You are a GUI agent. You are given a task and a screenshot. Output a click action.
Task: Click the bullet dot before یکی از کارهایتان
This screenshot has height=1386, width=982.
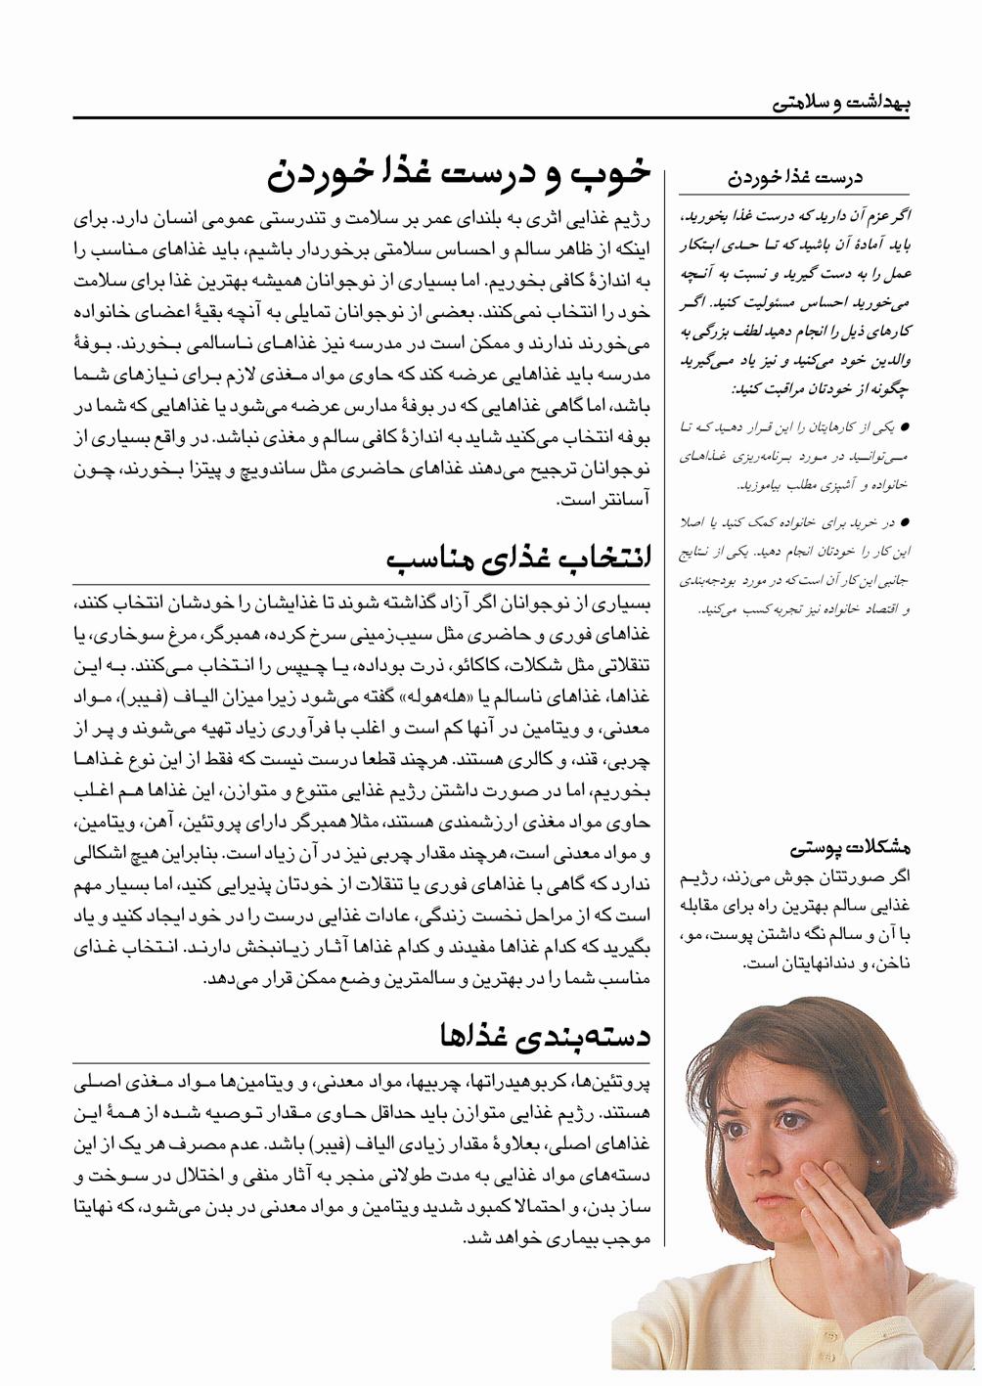(905, 426)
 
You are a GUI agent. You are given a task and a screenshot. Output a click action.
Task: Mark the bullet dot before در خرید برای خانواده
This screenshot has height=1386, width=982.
(905, 522)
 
